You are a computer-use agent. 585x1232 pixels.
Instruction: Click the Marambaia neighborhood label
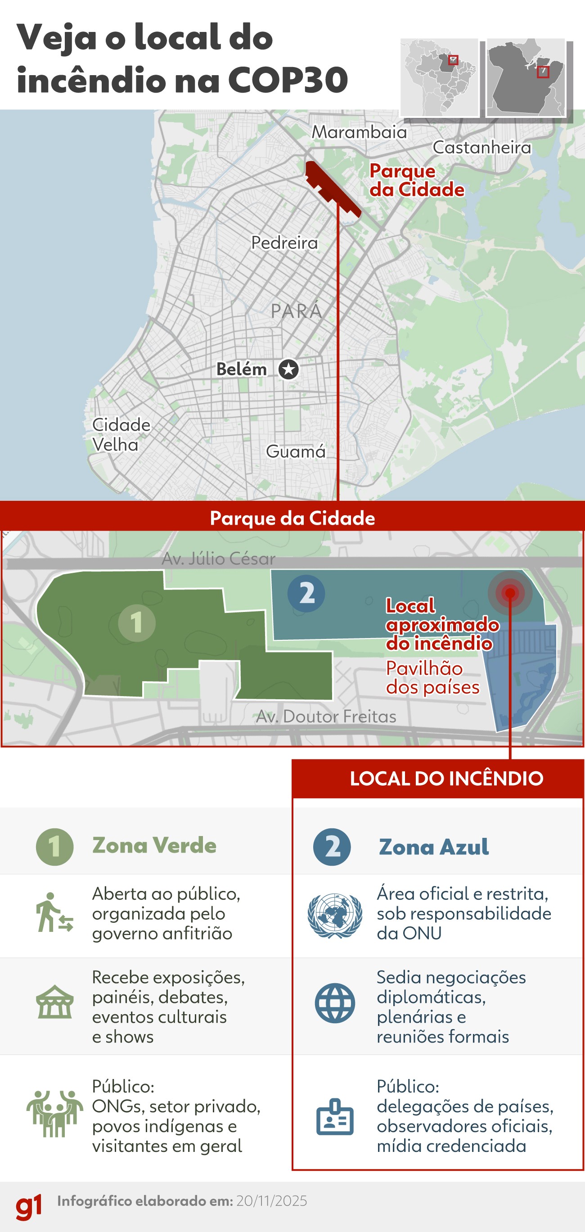click(359, 132)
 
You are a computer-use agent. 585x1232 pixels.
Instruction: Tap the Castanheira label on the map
click(481, 147)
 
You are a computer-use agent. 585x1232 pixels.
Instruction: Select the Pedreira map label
click(284, 243)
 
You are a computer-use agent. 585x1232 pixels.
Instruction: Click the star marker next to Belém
click(288, 369)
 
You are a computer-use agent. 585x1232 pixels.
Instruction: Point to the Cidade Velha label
click(121, 435)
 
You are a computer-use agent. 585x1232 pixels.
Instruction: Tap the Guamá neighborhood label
click(296, 451)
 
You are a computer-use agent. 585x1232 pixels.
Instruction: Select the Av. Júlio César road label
click(219, 558)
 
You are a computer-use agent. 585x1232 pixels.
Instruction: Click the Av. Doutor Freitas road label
click(326, 716)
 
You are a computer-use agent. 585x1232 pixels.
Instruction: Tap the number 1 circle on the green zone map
click(137, 623)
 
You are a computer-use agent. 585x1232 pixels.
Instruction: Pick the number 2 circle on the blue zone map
click(306, 593)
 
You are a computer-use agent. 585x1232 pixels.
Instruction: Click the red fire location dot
click(510, 593)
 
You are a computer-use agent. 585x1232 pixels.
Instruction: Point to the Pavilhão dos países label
click(432, 678)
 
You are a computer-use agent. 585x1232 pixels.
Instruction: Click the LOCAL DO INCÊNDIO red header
click(446, 778)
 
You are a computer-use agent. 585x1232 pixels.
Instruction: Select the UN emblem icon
click(334, 915)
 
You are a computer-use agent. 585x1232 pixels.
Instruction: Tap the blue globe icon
click(335, 1003)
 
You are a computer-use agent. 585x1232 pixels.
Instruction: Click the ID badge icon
click(335, 1118)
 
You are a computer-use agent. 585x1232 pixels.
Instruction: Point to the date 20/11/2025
click(272, 1201)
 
